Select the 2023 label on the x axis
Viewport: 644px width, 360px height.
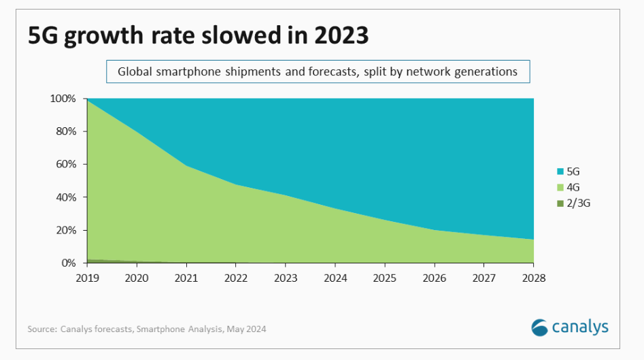286,278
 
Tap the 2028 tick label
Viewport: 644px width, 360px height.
534,278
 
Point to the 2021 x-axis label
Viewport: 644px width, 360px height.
186,278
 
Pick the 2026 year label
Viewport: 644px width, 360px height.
435,278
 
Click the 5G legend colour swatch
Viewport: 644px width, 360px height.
560,172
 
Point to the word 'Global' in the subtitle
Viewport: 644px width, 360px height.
135,71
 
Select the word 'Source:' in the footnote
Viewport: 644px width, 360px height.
42,329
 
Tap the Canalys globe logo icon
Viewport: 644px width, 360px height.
540,327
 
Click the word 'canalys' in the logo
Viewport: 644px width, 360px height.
581,327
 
